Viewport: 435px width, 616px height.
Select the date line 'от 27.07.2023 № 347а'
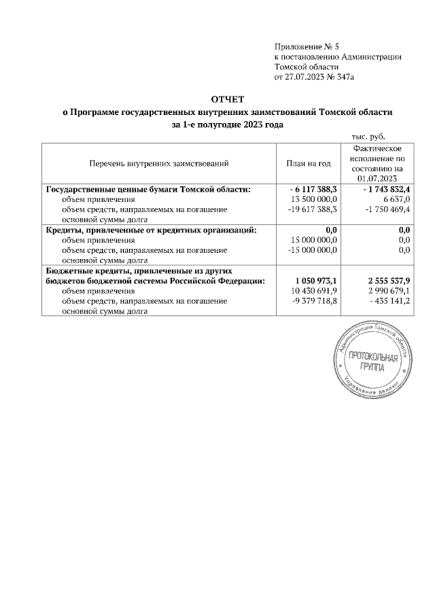314,78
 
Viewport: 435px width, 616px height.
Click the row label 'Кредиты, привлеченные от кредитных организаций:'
150,230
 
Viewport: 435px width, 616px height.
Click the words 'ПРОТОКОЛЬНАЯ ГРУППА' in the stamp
366,361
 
